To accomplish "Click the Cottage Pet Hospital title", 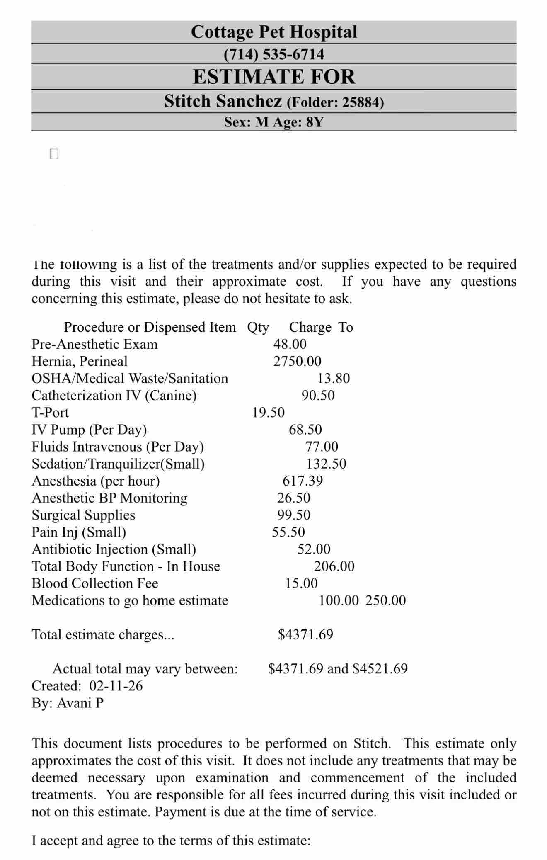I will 273,32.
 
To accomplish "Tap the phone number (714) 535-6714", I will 273,54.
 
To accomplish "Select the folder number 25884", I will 363,102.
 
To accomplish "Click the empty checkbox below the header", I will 54,154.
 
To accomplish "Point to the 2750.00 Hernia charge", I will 297,361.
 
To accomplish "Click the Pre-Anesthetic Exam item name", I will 94,344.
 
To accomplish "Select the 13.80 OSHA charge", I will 334,378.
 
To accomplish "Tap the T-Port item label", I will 50,413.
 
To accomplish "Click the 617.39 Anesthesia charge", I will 303,481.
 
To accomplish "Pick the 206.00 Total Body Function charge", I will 334,566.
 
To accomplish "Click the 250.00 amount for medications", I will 385,600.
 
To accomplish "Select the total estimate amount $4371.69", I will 305,634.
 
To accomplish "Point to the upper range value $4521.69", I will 380,668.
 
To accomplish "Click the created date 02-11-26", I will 116,686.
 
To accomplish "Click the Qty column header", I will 258,327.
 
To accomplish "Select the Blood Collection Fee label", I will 95,583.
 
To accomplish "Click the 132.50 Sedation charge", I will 326,464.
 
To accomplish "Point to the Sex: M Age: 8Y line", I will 273,122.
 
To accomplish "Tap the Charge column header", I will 310,327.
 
